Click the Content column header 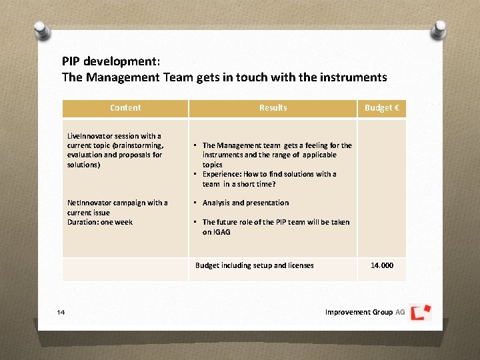point(125,108)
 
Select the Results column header point(273,108)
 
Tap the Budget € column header point(381,108)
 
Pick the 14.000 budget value point(382,265)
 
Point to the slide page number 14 point(61,312)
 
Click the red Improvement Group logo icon point(421,312)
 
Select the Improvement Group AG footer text point(364,312)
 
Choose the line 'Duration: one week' point(100,222)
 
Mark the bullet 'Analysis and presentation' point(245,203)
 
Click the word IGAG point(221,232)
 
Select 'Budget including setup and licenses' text point(254,265)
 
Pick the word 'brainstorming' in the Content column point(138,145)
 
